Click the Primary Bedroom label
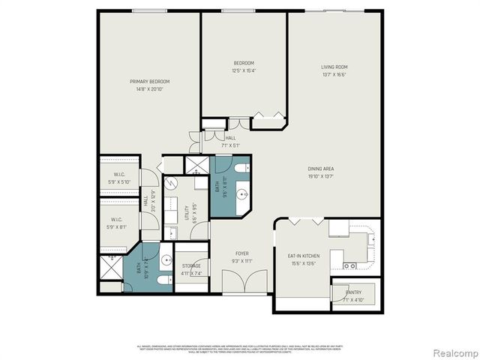(x=149, y=82)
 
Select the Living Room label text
(x=334, y=67)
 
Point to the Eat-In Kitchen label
(x=304, y=256)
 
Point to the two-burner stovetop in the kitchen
(x=349, y=265)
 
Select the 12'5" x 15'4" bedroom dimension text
(x=244, y=70)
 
